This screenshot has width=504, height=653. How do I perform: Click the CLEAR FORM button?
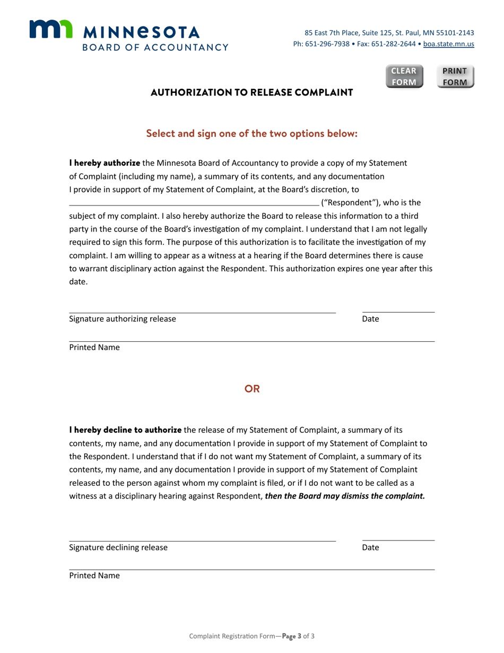404,76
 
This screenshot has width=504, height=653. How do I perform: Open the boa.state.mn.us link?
448,44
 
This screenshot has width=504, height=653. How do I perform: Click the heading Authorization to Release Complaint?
252,93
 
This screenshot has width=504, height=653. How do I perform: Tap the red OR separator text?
252,389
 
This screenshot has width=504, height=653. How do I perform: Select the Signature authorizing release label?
123,319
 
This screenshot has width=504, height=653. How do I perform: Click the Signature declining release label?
118,547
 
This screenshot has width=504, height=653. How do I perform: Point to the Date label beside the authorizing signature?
370,319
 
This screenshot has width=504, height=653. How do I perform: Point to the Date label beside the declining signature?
370,547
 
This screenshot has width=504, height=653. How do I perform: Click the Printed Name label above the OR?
94,347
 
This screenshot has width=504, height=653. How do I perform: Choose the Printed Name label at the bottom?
94,575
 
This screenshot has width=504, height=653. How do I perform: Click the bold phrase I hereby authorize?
105,162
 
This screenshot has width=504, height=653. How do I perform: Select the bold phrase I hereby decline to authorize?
126,429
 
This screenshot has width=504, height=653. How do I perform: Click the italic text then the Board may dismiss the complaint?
345,496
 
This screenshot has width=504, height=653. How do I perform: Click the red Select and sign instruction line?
252,133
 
